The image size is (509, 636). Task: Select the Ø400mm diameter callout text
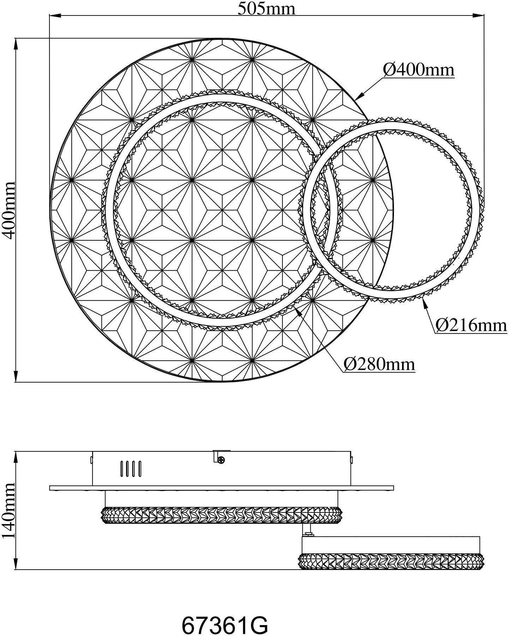[x=419, y=70]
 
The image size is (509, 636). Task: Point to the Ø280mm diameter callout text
[x=379, y=364]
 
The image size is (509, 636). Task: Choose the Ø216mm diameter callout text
[x=471, y=325]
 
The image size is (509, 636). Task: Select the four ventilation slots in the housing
[x=131, y=468]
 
